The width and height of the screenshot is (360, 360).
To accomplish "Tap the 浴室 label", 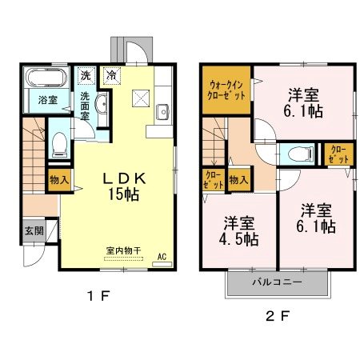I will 47,100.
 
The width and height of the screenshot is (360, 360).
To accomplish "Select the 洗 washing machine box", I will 86,76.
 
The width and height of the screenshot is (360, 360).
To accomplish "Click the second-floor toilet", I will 302,154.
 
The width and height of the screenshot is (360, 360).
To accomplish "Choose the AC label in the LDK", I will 161,258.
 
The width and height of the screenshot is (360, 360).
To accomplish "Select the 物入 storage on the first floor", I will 58,181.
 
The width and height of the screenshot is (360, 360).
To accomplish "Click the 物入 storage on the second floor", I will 238,181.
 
